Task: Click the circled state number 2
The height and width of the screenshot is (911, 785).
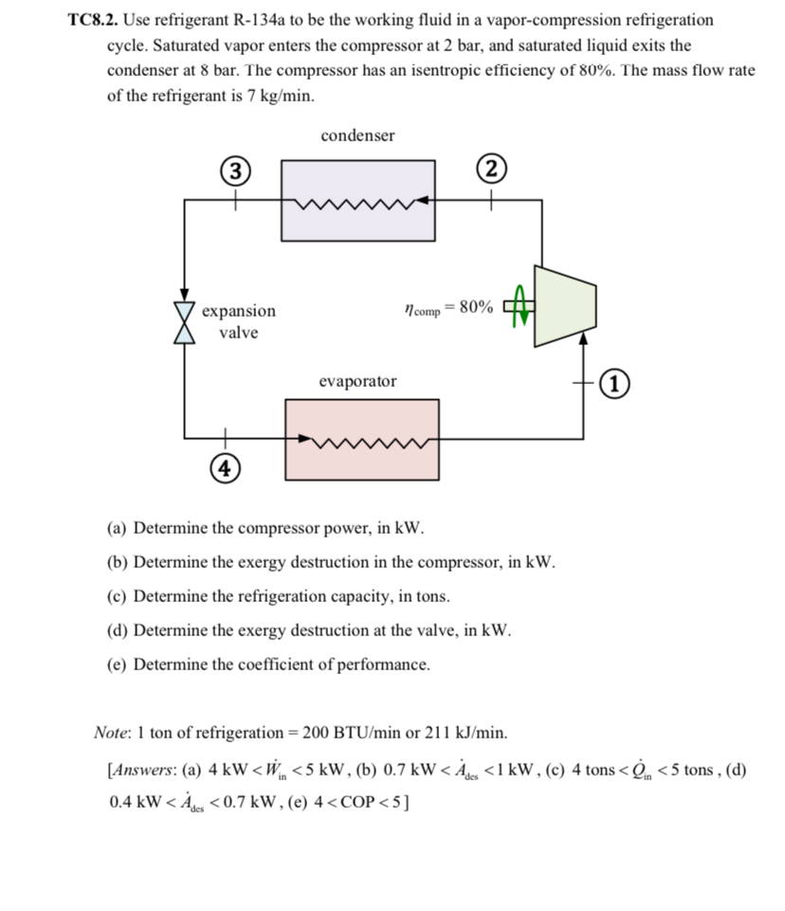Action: (490, 172)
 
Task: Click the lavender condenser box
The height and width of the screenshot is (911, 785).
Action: (357, 199)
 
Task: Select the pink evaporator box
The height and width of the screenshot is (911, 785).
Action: (361, 438)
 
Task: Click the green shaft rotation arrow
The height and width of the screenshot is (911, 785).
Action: (519, 305)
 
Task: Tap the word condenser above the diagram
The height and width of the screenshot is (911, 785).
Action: (357, 136)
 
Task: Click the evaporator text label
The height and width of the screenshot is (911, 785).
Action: (357, 381)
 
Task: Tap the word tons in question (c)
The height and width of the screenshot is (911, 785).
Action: (429, 596)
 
